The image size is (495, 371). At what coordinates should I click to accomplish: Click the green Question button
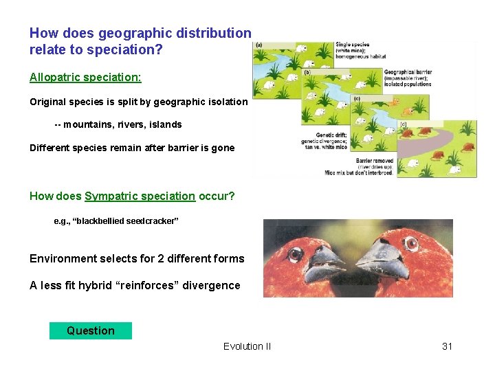pyautogui.click(x=90, y=330)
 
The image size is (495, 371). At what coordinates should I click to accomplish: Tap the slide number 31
pyautogui.click(x=447, y=346)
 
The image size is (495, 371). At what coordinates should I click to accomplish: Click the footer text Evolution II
pyautogui.click(x=247, y=346)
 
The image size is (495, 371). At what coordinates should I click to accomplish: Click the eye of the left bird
pyautogui.click(x=295, y=254)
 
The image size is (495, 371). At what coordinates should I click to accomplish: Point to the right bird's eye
pyautogui.click(x=412, y=244)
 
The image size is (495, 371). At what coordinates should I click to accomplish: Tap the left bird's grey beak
pyautogui.click(x=327, y=263)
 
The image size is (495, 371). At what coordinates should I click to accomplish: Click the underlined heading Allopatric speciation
pyautogui.click(x=85, y=78)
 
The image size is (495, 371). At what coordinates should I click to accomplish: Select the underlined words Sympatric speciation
pyautogui.click(x=140, y=196)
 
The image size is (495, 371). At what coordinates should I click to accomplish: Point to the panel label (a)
pyautogui.click(x=258, y=46)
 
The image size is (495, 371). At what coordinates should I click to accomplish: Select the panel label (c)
pyautogui.click(x=355, y=98)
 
